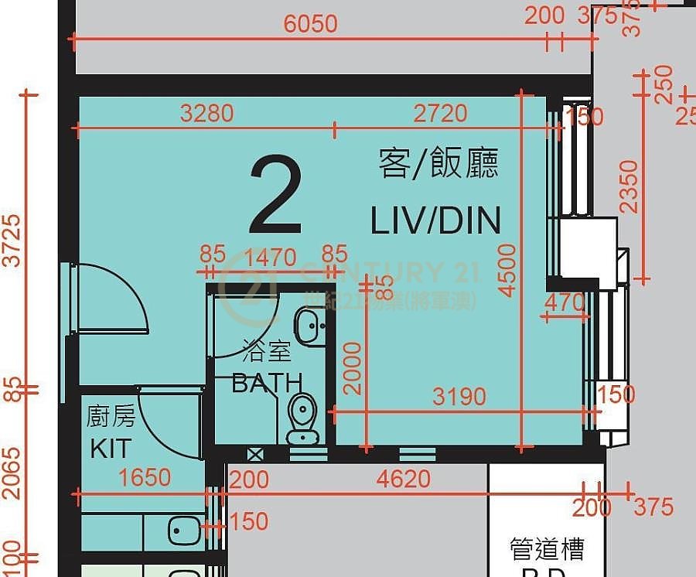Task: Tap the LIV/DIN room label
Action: (x=435, y=220)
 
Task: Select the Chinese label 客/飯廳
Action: (x=438, y=164)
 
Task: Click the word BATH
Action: (x=267, y=382)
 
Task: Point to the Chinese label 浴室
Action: (x=267, y=352)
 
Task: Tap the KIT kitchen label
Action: (x=111, y=449)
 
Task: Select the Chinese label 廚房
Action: (x=111, y=417)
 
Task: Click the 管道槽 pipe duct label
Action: (x=546, y=549)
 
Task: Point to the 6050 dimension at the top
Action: (x=310, y=24)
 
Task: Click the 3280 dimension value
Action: (x=206, y=114)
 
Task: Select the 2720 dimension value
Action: (x=440, y=114)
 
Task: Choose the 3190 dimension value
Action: (x=459, y=397)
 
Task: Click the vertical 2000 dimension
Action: (x=353, y=367)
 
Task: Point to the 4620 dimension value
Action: (x=404, y=479)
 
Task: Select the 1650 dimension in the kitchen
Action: (x=145, y=477)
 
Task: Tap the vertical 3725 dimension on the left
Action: (x=12, y=241)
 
